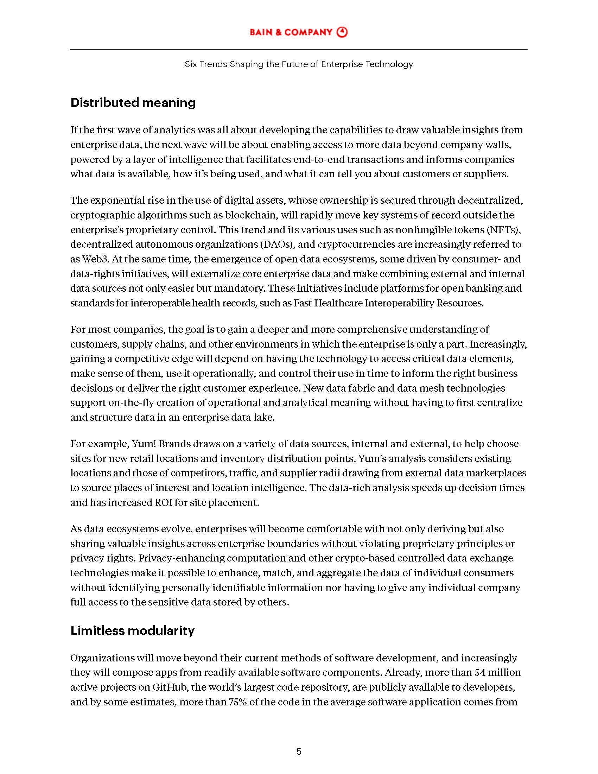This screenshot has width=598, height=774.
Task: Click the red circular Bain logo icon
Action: point(342,32)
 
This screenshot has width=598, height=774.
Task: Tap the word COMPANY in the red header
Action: point(308,32)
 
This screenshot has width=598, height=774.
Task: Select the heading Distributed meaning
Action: point(133,102)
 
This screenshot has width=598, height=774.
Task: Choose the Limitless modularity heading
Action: point(132,630)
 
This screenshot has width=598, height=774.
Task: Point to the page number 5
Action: point(299,752)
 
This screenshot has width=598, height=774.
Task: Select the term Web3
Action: point(95,259)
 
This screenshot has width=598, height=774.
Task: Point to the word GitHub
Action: point(170,687)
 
